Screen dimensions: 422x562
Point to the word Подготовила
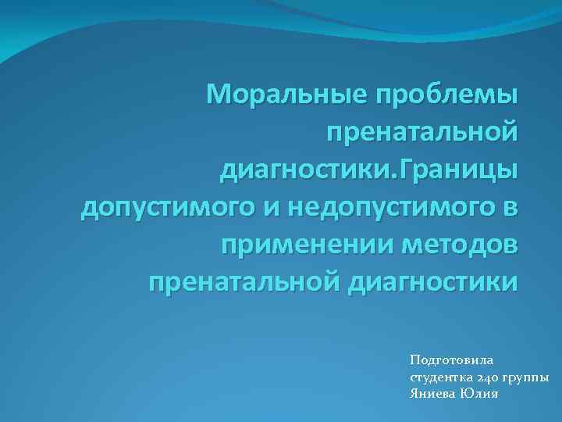pos(452,360)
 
